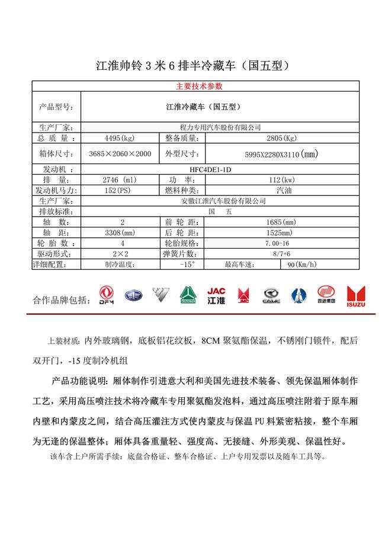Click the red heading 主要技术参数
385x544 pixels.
point(199,86)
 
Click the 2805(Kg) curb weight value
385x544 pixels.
point(281,139)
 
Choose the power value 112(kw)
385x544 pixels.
point(281,179)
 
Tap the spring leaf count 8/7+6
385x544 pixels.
point(282,253)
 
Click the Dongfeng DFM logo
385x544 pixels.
point(106,295)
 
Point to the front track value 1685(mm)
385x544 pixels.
point(281,222)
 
